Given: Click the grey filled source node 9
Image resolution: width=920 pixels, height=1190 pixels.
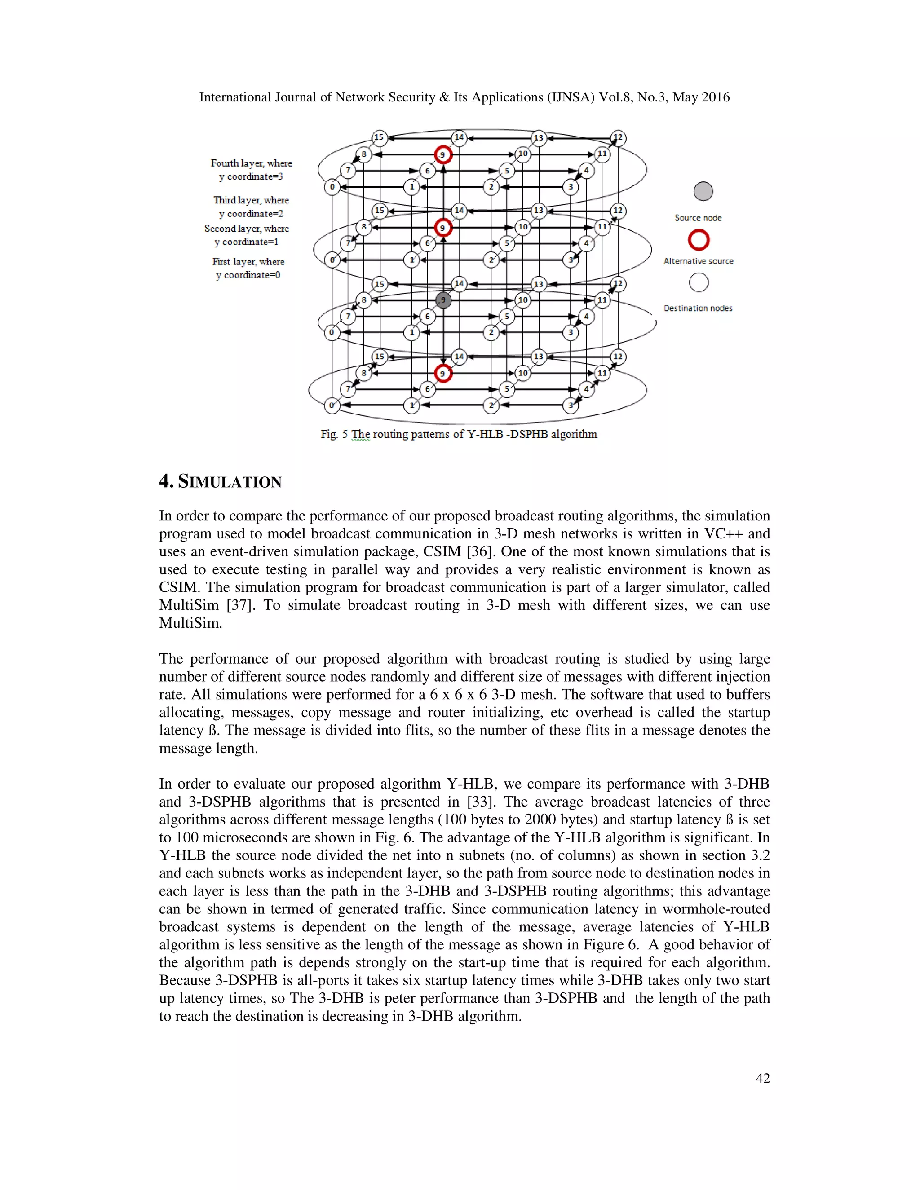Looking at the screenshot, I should pos(443,300).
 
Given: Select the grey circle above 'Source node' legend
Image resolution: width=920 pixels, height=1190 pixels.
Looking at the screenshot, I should pos(703,191).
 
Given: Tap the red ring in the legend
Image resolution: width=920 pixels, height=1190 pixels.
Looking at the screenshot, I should pos(699,240).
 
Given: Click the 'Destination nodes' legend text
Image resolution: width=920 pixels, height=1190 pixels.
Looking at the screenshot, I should pos(698,309).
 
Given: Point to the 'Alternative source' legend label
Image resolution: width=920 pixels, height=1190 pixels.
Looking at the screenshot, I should pos(698,261).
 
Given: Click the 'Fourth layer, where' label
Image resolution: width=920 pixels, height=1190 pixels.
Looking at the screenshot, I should pos(251,163).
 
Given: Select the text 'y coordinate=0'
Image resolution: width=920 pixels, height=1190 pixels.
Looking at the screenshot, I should pos(248,275).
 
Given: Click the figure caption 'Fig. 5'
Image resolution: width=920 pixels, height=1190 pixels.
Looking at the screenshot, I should pos(334,434).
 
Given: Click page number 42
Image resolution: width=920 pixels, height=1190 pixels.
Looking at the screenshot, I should pos(762,1078).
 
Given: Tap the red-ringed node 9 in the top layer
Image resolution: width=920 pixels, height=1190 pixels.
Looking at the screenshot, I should pos(442,155).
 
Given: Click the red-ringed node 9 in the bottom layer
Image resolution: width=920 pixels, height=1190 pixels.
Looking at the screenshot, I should pos(443,373).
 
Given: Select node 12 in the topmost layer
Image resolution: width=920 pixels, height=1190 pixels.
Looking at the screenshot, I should pos(618,138).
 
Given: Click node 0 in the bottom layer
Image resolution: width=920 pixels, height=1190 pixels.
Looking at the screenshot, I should pos(332,405).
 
